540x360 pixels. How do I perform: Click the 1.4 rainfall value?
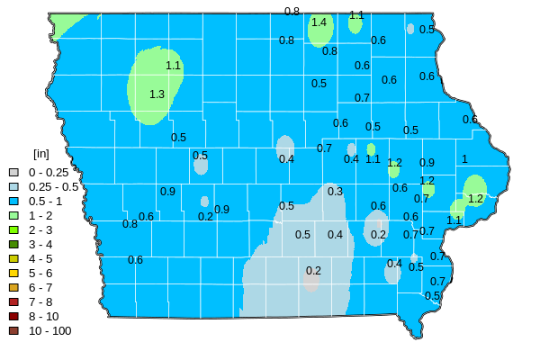pyautogui.click(x=319, y=22)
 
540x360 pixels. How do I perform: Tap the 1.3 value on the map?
pyautogui.click(x=157, y=94)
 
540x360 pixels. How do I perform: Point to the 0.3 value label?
pyautogui.click(x=335, y=192)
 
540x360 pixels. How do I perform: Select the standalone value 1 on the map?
pyautogui.click(x=464, y=159)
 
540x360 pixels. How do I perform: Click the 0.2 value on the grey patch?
pyautogui.click(x=313, y=271)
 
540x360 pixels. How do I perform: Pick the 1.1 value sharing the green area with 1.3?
pyautogui.click(x=174, y=66)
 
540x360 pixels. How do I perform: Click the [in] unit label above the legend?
pyautogui.click(x=40, y=154)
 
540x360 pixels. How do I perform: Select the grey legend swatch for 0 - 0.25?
pyautogui.click(x=13, y=172)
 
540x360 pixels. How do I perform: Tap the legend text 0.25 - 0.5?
pyautogui.click(x=53, y=186)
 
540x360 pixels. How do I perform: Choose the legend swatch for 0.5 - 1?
pyautogui.click(x=13, y=201)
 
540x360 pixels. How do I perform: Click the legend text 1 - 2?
pyautogui.click(x=40, y=215)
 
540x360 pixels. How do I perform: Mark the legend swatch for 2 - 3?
pyautogui.click(x=13, y=229)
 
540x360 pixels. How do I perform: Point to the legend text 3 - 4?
pyautogui.click(x=40, y=244)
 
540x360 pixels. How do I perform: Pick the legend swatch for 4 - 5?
pyautogui.click(x=13, y=258)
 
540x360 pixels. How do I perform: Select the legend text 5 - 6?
pyautogui.click(x=40, y=273)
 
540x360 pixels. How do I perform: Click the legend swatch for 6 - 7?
pyautogui.click(x=13, y=287)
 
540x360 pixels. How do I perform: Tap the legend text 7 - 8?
pyautogui.click(x=40, y=301)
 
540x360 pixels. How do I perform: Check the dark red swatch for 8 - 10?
pyautogui.click(x=13, y=316)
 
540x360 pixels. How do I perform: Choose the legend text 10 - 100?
pyautogui.click(x=49, y=330)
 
